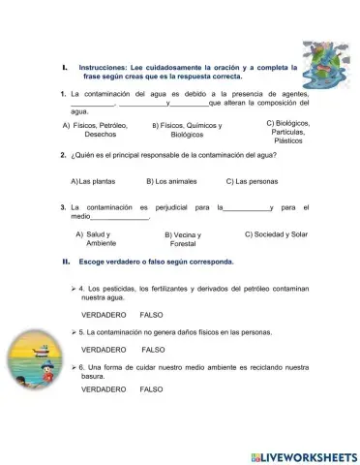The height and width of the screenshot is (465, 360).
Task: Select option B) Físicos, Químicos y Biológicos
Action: (187, 131)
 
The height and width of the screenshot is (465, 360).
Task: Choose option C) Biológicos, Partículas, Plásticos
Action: (287, 132)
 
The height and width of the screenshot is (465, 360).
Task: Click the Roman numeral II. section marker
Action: (65, 262)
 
